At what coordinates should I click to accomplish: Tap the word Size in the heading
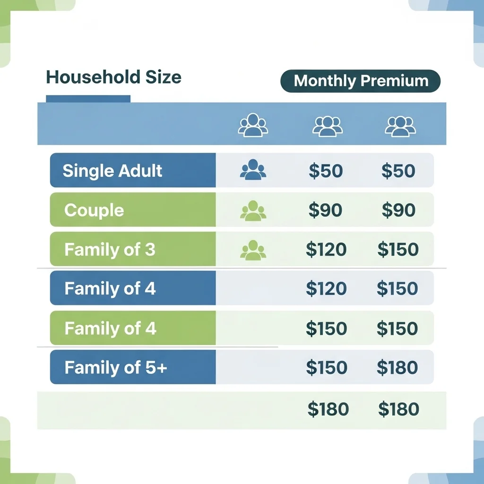163,77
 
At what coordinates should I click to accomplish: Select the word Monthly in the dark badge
325,81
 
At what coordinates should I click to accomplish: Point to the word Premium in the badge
395,81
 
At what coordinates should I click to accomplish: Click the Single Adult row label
112,171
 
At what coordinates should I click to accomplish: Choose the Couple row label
94,210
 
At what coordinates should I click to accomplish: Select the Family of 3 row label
110,250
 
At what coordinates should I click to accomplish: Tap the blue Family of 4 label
110,288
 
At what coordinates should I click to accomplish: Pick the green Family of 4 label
110,328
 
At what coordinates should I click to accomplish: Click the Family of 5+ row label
116,367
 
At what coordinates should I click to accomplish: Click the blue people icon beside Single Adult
253,170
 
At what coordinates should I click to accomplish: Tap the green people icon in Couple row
253,211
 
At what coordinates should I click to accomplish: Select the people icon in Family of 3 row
253,251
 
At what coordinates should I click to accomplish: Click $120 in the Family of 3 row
326,250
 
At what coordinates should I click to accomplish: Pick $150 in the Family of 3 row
398,250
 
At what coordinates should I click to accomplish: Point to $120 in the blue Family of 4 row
326,289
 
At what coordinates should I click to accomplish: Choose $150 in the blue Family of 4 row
397,289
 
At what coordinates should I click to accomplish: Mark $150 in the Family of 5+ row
327,368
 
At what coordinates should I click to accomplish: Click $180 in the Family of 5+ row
397,368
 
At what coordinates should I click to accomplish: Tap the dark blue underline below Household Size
88,99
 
